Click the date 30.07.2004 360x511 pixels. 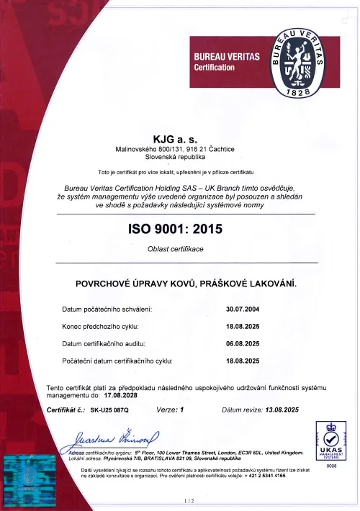[244, 309]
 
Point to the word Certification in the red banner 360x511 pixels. [215, 67]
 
